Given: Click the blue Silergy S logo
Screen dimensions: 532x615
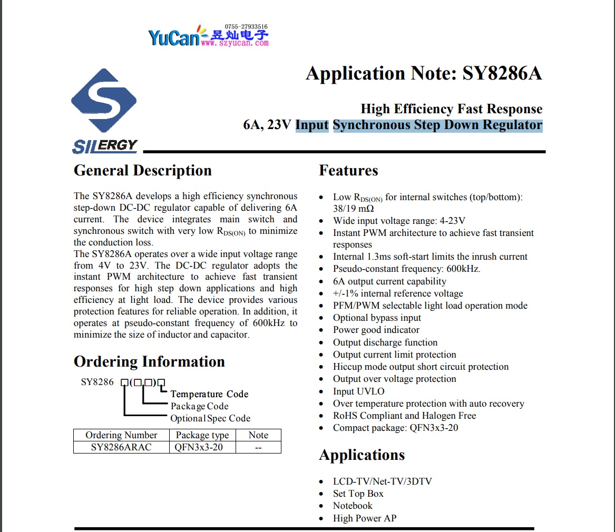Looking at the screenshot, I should click(104, 101).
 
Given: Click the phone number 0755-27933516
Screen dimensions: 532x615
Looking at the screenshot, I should click(246, 26).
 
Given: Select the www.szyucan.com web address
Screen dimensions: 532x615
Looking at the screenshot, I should click(235, 44).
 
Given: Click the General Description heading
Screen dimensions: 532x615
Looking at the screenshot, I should click(142, 171).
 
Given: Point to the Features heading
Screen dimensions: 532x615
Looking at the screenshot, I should click(348, 171).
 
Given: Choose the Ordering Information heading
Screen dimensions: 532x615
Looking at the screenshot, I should click(149, 362).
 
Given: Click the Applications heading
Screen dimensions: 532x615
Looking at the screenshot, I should click(362, 455).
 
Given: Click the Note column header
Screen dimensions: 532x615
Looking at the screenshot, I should click(258, 435).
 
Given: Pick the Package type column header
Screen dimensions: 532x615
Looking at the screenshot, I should click(202, 435).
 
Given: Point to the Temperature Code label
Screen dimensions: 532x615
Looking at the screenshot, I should click(209, 394).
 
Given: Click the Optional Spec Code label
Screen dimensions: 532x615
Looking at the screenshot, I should click(210, 418).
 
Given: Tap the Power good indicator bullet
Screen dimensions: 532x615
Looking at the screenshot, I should click(376, 330).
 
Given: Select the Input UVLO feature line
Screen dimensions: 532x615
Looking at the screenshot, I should click(358, 391).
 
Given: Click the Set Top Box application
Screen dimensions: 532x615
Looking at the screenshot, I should click(358, 494).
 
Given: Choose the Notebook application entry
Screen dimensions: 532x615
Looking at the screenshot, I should click(352, 506).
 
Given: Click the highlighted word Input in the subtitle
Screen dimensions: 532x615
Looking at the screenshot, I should click(312, 125).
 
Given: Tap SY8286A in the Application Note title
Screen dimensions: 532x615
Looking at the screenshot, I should click(502, 73).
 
